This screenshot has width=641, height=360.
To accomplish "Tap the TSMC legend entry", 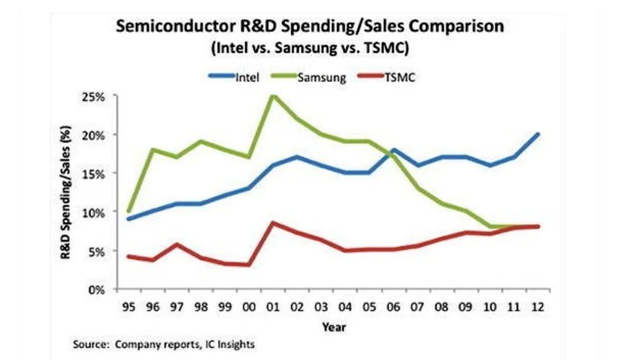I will (x=388, y=78).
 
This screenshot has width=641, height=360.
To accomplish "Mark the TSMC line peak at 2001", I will (x=272, y=222).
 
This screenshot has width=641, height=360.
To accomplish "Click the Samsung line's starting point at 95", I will (x=129, y=211).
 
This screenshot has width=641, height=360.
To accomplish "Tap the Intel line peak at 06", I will (x=394, y=150).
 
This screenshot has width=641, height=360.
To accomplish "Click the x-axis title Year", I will (x=334, y=327).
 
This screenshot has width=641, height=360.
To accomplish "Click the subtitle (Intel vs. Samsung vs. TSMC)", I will (x=310, y=49).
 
